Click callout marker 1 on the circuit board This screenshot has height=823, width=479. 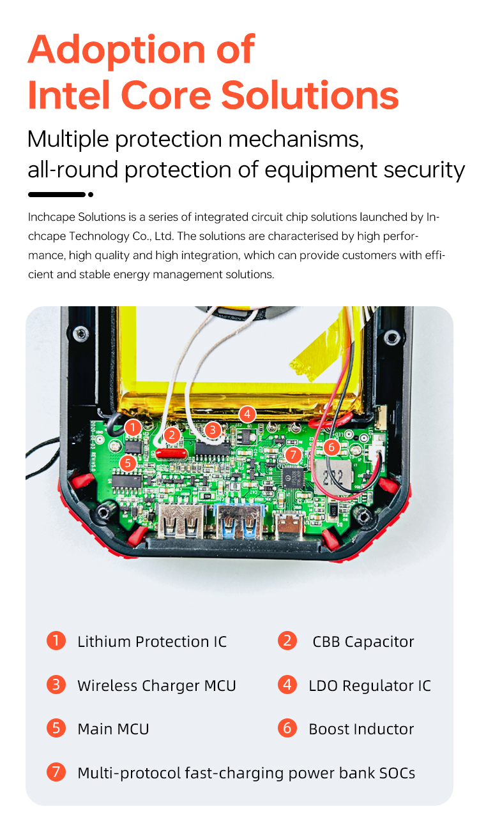[133, 427]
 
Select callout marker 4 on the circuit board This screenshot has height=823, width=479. [247, 415]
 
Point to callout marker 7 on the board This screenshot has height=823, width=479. [293, 456]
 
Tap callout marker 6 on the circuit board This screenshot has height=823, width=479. [331, 447]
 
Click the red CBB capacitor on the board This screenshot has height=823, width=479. [171, 453]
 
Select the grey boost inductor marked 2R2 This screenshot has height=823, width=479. [333, 477]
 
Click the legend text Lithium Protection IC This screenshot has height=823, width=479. [152, 642]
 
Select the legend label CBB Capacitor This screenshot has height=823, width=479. [363, 642]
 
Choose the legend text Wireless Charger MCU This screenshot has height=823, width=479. [156, 686]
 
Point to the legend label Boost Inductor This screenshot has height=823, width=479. [361, 729]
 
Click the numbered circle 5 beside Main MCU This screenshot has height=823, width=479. [56, 728]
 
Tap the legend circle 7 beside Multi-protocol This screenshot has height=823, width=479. [56, 772]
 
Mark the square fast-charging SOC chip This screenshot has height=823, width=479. [293, 477]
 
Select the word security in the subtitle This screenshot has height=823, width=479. [424, 170]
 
